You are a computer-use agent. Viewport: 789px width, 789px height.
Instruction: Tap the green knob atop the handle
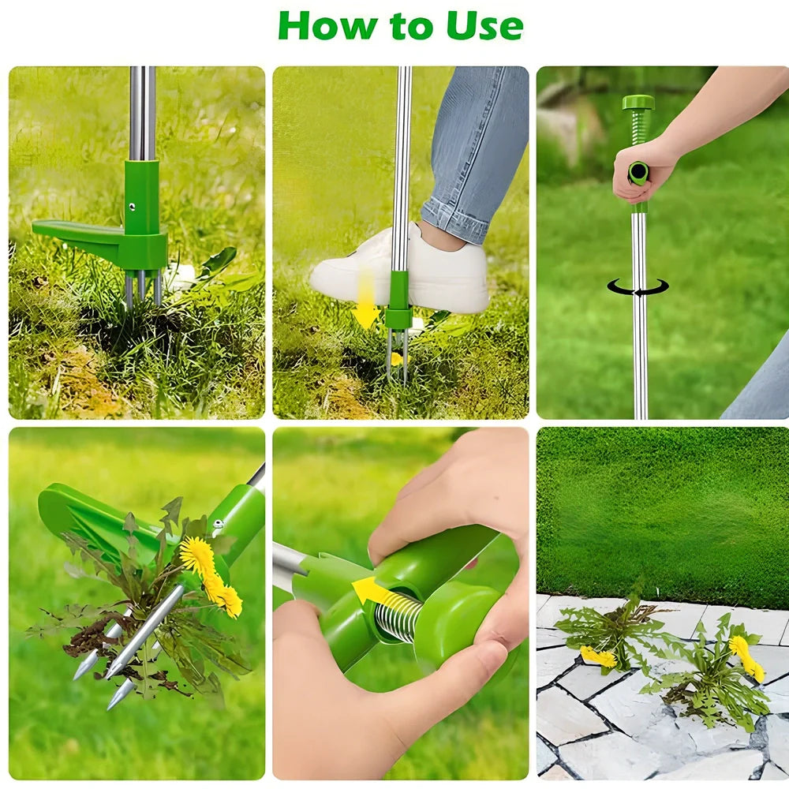coord(638,103)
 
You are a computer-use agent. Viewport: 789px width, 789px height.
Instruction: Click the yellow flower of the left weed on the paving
coord(598,656)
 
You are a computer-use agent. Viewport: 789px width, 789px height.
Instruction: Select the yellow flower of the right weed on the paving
coord(746,657)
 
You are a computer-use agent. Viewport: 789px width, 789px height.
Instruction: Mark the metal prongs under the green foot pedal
coord(142,288)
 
